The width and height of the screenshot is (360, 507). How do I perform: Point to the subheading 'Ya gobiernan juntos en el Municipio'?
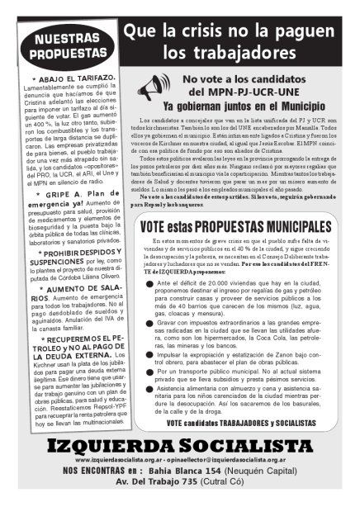tap(245, 106)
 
